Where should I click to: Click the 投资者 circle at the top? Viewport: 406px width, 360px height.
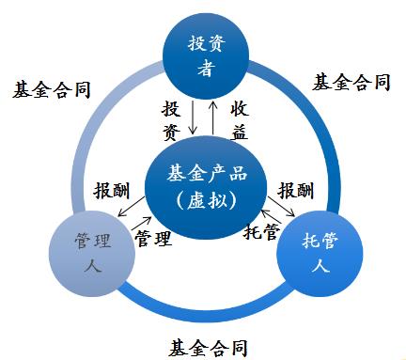[x=202, y=55]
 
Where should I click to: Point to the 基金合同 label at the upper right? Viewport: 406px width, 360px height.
[x=350, y=83]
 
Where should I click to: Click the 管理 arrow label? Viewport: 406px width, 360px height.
[x=154, y=237]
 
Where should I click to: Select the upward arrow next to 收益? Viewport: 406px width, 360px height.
[x=213, y=117]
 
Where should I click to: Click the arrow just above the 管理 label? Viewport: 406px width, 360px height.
[x=138, y=219]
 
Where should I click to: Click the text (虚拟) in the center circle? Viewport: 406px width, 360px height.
[x=203, y=200]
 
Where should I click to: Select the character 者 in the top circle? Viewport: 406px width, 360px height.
[x=203, y=68]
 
